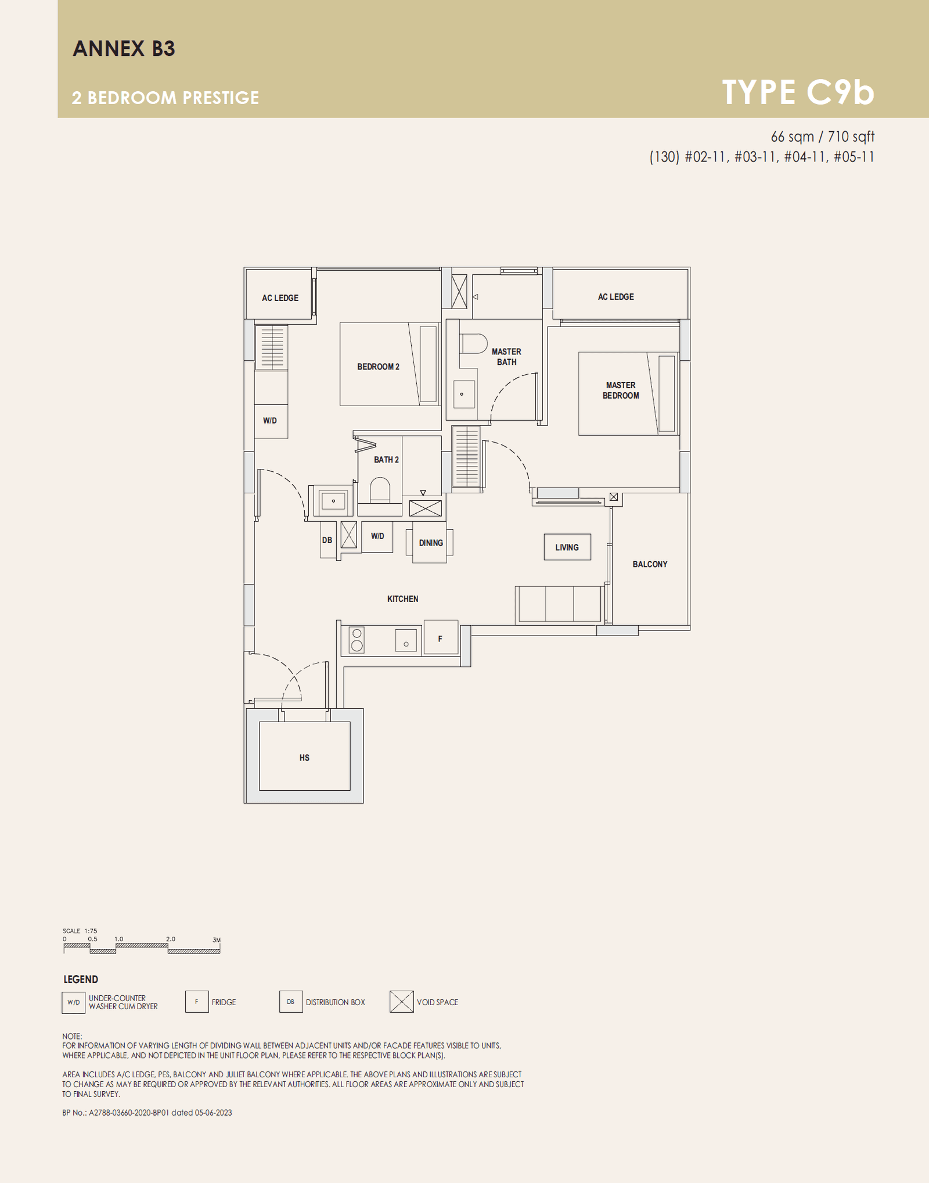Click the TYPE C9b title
click(x=798, y=92)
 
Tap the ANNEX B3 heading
click(x=124, y=48)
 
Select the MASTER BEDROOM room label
click(x=621, y=390)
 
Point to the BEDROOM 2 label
click(x=378, y=367)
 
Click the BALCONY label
click(x=650, y=564)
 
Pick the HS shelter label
click(x=304, y=758)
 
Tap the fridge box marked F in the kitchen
click(x=441, y=638)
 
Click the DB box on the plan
click(x=327, y=540)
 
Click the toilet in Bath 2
click(x=380, y=490)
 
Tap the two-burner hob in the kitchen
click(x=357, y=640)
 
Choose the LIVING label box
click(x=567, y=547)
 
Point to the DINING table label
click(x=431, y=543)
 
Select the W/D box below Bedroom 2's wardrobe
click(x=271, y=421)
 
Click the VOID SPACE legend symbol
click(x=402, y=1002)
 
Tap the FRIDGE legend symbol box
click(x=197, y=1002)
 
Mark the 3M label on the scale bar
click(x=217, y=940)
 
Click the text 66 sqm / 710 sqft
click(x=822, y=137)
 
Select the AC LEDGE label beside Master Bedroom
click(x=616, y=297)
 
